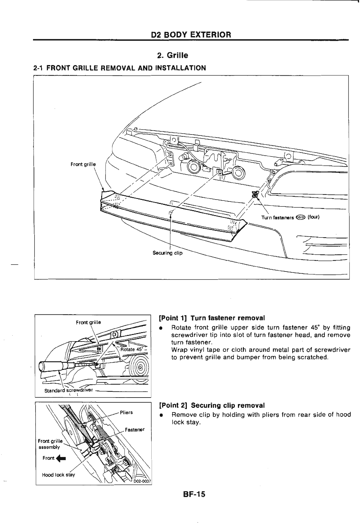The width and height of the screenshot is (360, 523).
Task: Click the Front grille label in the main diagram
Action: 83,164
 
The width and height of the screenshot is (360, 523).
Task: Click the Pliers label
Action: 126,412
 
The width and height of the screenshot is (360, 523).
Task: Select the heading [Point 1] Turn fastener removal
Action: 212,318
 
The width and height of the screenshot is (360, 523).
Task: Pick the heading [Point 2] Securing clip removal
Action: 212,406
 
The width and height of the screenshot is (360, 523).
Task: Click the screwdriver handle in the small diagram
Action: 51,366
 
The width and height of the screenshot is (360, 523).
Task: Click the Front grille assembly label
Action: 50,444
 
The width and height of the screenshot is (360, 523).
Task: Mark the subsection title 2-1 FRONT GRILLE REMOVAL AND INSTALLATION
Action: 120,68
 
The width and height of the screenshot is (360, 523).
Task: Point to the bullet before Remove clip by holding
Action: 161,415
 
